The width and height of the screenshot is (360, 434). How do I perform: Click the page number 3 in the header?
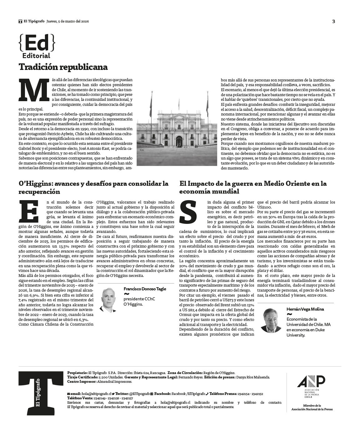coord(333,22)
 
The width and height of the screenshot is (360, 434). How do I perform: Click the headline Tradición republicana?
coord(63,67)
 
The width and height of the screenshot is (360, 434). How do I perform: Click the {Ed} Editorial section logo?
coord(37,46)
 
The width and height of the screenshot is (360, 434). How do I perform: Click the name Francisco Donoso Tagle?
coord(145,289)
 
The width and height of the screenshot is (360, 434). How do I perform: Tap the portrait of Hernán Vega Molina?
coord(271,320)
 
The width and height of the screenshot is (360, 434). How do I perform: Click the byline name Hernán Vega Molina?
coord(305,309)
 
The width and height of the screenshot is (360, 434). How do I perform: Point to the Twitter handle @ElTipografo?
coord(137,394)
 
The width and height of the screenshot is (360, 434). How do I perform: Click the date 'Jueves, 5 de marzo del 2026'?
coord(68,22)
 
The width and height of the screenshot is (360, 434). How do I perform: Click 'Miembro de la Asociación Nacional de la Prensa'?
coord(312,407)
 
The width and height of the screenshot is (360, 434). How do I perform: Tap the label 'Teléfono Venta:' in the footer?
coord(79,398)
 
